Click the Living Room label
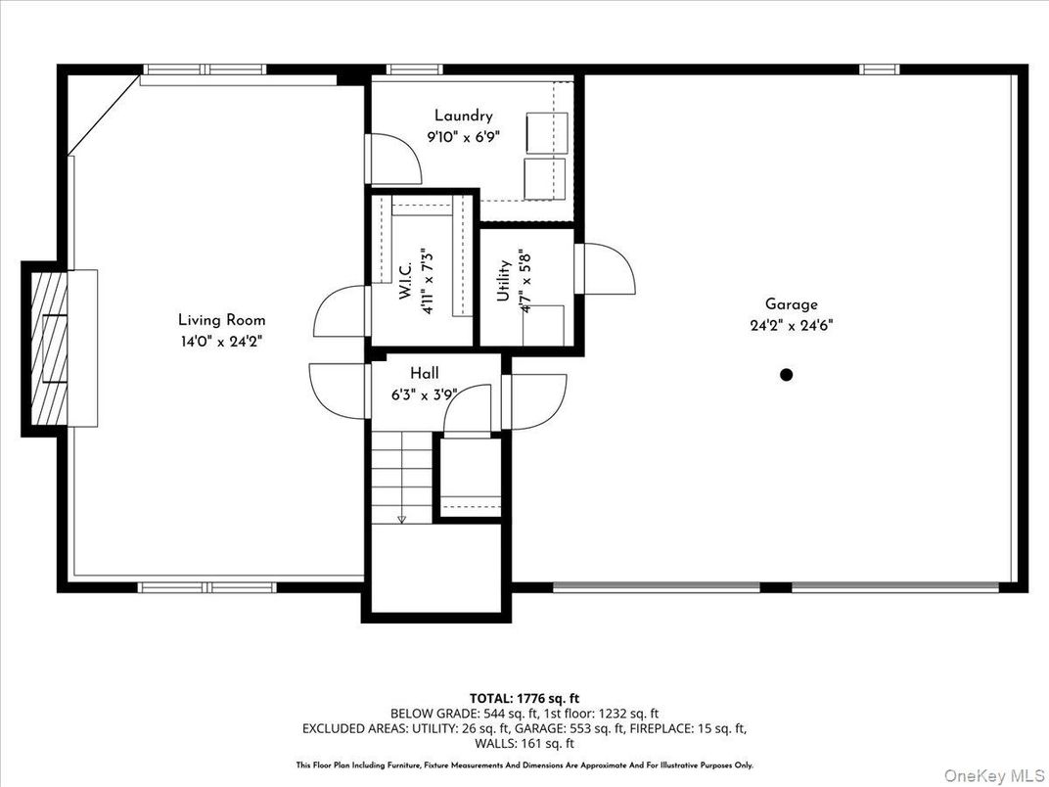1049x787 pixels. [221, 320]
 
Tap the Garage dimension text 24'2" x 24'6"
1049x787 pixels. [792, 325]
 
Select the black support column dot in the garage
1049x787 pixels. [786, 374]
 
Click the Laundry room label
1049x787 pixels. [464, 116]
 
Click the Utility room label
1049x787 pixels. [504, 280]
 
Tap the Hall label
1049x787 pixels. [425, 373]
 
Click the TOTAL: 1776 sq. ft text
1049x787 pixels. [524, 698]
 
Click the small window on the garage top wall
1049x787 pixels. [879, 69]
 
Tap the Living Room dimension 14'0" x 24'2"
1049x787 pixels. [221, 341]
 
